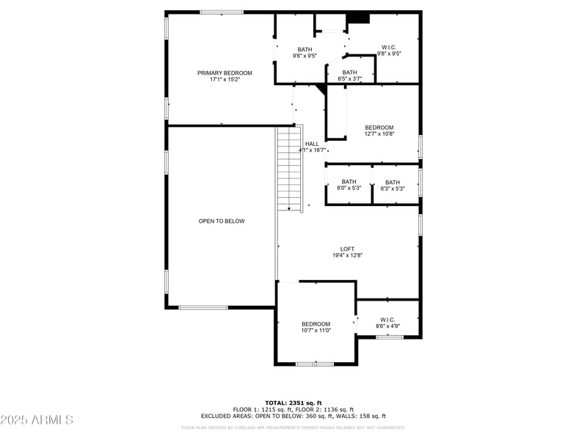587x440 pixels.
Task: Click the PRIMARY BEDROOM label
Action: pos(224,73)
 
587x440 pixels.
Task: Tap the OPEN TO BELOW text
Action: pos(222,221)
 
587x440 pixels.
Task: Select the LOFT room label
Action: pos(347,249)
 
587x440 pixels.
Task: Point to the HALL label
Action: pos(312,144)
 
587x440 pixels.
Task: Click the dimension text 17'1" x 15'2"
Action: pos(224,79)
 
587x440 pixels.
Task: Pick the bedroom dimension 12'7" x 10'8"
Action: pos(379,134)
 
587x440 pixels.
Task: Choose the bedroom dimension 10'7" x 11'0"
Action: pos(316,331)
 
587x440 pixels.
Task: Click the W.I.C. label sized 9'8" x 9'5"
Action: pos(389,47)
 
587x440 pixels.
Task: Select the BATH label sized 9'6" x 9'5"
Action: pos(305,49)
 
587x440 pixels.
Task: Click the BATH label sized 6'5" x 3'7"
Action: pos(349,72)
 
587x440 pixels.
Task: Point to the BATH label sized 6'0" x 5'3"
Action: pos(349,182)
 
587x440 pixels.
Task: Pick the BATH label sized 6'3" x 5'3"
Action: pos(393,183)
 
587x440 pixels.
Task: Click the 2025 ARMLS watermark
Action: pos(37,420)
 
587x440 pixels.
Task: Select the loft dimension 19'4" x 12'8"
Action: pos(347,255)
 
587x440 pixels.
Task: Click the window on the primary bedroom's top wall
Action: pos(222,12)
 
